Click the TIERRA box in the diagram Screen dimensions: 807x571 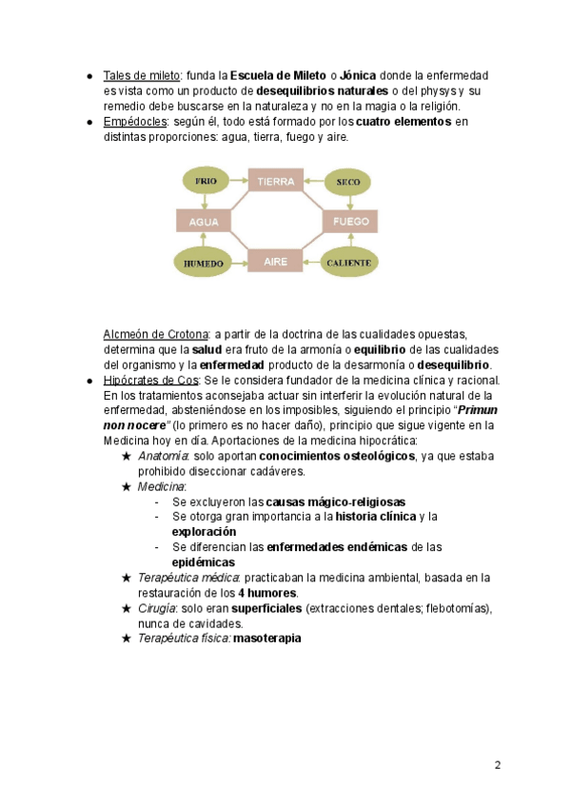[x=276, y=181]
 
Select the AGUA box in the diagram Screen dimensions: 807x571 [x=205, y=222]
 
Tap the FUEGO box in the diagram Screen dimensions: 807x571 [x=348, y=222]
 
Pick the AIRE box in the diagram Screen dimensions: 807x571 [x=276, y=262]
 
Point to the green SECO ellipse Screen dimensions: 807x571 [x=347, y=181]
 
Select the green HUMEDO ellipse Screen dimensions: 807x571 [x=205, y=263]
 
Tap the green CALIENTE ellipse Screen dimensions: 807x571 [x=348, y=262]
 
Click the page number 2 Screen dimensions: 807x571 [x=497, y=765]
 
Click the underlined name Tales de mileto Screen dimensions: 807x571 [x=142, y=75]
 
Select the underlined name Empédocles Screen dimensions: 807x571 [x=135, y=122]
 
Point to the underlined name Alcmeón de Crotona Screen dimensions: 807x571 [x=155, y=334]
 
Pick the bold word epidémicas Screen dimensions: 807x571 [x=204, y=562]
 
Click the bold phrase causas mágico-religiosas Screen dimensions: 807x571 [x=335, y=502]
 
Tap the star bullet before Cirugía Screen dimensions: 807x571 [x=127, y=608]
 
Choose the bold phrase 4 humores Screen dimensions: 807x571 [x=268, y=593]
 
